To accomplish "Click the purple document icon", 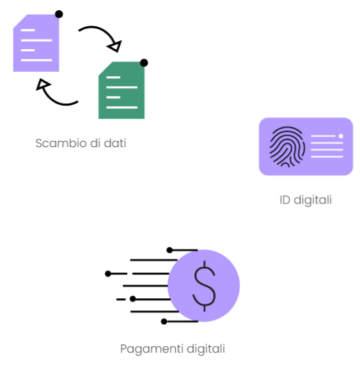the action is click(36, 43).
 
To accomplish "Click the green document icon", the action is click(121, 90).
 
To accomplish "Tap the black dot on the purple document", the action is click(59, 14).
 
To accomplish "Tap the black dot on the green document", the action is click(144, 63).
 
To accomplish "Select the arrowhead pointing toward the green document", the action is click(115, 47).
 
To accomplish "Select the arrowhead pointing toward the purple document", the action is click(42, 84).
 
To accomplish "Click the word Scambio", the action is click(61, 143).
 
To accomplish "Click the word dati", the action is click(115, 143).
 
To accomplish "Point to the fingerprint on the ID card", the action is click(287, 147).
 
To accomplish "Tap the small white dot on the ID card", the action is click(341, 136).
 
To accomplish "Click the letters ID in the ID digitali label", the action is click(285, 200).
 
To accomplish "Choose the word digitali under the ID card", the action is click(313, 200).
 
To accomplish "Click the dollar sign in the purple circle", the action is click(205, 286).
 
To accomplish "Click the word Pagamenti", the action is click(152, 349).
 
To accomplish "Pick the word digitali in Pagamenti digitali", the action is click(206, 349).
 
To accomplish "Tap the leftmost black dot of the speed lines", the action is click(108, 274).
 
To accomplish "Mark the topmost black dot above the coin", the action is click(169, 250).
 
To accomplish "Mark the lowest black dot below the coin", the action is click(164, 321).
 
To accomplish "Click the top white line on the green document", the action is click(113, 77).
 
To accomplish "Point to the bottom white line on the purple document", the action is click(36, 60).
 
